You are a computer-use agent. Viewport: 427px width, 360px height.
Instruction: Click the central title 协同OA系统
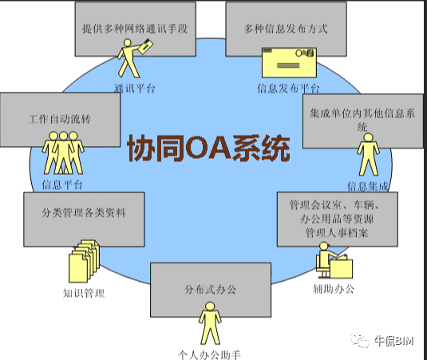click(208, 148)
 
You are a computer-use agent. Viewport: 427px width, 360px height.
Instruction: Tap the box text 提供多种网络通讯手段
click(135, 29)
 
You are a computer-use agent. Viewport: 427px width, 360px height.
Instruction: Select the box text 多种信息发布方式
click(286, 29)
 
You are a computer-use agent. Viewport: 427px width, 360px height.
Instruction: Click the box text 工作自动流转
click(60, 119)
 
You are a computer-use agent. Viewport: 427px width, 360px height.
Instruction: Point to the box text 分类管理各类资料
click(84, 212)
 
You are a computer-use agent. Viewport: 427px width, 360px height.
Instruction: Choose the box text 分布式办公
click(210, 290)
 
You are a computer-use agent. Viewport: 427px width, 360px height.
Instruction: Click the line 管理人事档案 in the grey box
click(337, 233)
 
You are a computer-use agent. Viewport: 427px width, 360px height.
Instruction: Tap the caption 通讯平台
click(135, 89)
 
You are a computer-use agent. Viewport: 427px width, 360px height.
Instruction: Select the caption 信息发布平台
click(288, 89)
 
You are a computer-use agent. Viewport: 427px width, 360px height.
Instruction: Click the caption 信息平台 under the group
click(62, 185)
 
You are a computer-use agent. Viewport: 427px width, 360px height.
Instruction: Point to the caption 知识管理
click(84, 293)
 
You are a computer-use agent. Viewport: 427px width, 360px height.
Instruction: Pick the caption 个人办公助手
click(209, 355)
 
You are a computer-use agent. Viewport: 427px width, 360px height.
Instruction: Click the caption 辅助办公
click(334, 289)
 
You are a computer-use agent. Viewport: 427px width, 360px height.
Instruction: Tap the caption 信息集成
click(368, 186)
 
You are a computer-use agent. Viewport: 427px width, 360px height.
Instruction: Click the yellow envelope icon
click(289, 62)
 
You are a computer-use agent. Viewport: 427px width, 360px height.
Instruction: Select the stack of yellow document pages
click(84, 261)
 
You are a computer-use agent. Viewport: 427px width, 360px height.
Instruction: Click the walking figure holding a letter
click(133, 58)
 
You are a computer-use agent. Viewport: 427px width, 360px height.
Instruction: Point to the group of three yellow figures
click(63, 153)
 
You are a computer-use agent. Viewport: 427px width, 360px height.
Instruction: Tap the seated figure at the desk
click(334, 260)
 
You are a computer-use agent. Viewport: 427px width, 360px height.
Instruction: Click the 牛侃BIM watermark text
click(393, 341)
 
